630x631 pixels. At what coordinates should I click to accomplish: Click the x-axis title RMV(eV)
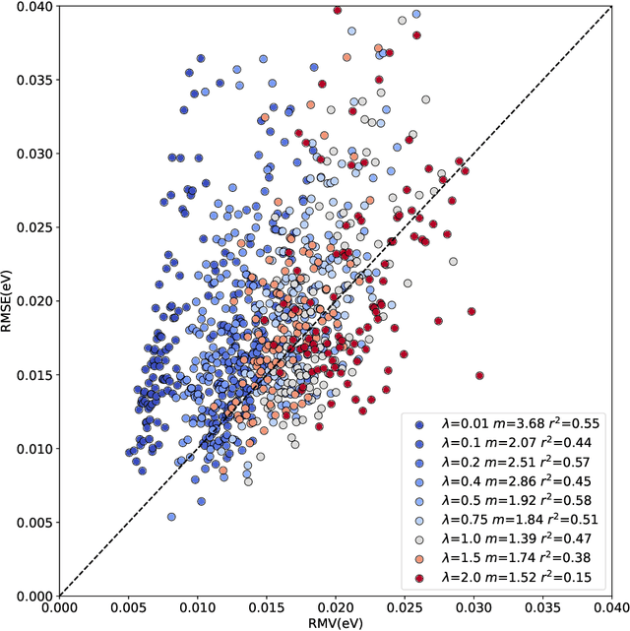click(x=335, y=621)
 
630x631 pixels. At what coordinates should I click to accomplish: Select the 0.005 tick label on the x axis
click(x=128, y=608)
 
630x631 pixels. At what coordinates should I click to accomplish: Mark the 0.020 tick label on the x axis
click(x=335, y=608)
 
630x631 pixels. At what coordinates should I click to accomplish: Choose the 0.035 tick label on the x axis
click(x=541, y=608)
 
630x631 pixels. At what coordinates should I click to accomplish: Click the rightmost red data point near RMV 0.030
click(x=479, y=375)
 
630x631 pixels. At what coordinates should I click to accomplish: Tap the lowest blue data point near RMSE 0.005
click(x=171, y=516)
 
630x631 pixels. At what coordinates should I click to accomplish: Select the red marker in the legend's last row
click(x=420, y=577)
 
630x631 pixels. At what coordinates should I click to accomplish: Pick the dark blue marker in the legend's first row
click(x=420, y=424)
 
